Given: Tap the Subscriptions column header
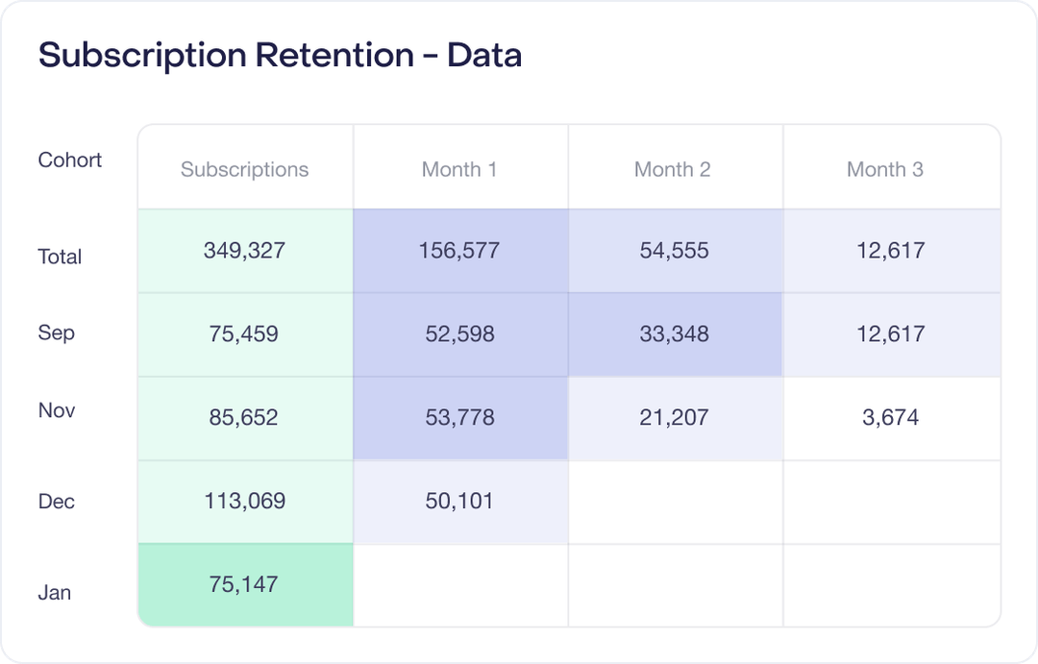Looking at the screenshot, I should coord(244,169).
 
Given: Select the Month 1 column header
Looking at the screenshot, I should coord(459,169).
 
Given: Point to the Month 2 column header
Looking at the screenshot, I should coord(672,169).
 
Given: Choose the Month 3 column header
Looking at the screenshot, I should coord(884,169).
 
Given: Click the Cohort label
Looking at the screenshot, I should coord(69,160).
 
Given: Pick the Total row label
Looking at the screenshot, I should coord(60,257).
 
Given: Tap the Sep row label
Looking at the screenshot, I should coord(56,333).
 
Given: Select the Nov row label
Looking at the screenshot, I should coord(57,410).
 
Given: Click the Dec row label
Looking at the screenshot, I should coord(56,502).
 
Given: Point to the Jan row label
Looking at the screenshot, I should coord(54,593).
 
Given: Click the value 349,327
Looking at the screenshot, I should coord(244,251).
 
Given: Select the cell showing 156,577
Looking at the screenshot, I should coord(459,251).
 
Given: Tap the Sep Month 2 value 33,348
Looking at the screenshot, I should coord(674,334).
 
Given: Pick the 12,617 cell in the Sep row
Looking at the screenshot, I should coord(890,334).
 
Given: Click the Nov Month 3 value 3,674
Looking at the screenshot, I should coord(890,418).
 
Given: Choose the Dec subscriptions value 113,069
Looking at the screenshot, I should coord(244,501).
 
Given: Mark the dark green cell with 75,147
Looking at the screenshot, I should coord(244,584).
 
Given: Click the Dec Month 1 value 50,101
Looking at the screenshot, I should coord(459,501).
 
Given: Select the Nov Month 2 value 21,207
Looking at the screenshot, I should coord(674,418).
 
